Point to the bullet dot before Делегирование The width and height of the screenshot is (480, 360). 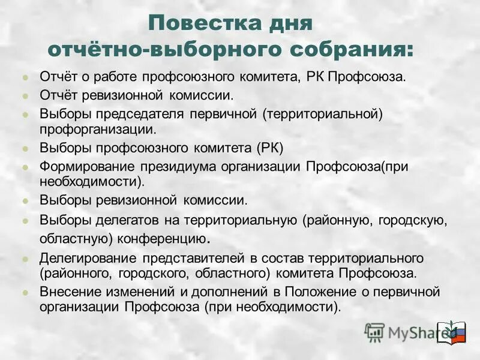pos(25,259)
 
